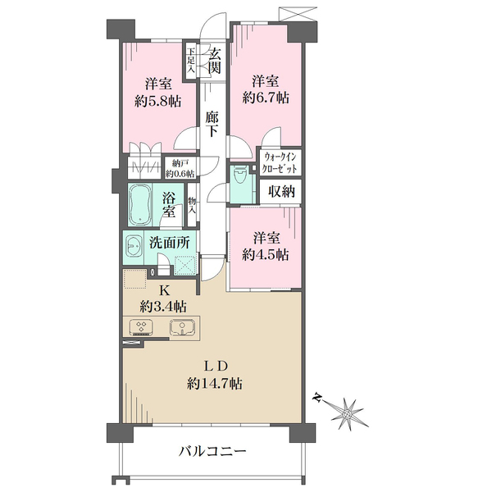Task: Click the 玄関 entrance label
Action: coord(214,61)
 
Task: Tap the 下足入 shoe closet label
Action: coord(191,61)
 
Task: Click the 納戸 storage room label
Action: coord(180,167)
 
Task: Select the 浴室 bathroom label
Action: coord(171,204)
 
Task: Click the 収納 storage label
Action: coord(281,192)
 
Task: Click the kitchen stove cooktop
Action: coord(140,328)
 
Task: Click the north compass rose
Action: coord(350,412)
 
